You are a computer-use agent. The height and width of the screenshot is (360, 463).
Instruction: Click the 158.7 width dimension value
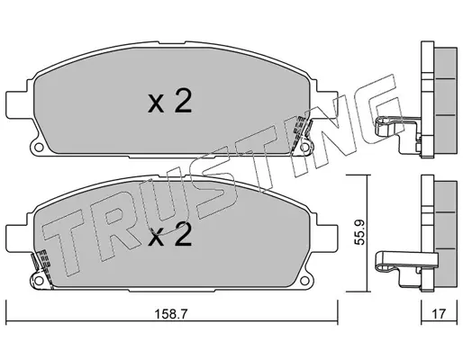tap(170, 314)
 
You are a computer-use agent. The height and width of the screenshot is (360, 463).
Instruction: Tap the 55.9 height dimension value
tap(359, 232)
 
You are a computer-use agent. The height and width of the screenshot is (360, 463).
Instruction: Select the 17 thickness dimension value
tap(439, 314)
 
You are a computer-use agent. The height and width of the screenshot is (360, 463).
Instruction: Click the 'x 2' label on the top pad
tap(169, 102)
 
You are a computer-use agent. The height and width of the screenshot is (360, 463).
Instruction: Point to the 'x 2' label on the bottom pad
tap(169, 235)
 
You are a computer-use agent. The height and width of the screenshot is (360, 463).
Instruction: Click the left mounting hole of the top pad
tap(38, 148)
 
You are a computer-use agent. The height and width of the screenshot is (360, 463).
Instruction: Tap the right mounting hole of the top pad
tap(304, 148)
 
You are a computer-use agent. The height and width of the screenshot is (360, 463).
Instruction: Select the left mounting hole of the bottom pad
tap(38, 281)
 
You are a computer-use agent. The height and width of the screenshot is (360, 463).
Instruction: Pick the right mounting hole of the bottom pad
tap(304, 281)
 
